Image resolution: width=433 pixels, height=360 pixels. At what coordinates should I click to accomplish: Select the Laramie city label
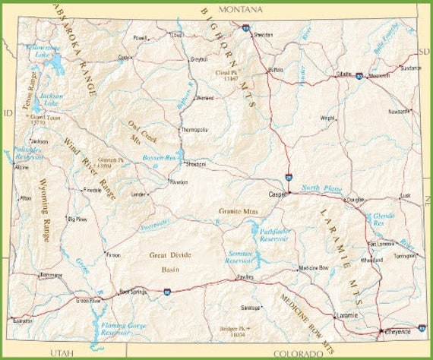(346, 314)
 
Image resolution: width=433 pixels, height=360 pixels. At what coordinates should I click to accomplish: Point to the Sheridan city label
(263, 36)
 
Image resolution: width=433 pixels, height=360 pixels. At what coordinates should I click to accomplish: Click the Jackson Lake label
(50, 98)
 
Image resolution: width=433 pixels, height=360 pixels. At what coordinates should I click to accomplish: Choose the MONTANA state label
(239, 9)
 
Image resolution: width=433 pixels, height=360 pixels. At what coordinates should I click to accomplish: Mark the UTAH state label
(61, 353)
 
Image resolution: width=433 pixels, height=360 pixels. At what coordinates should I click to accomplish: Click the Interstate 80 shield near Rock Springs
(167, 291)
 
